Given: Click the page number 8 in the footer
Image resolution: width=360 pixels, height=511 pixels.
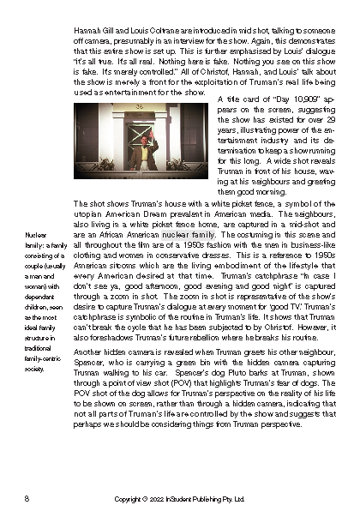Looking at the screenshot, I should [27, 498].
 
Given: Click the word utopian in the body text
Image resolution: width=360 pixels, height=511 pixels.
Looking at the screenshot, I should [89, 213].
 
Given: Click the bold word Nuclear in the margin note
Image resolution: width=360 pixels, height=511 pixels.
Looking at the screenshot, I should [38, 234].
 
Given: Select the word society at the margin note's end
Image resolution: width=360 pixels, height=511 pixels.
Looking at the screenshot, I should [35, 369].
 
